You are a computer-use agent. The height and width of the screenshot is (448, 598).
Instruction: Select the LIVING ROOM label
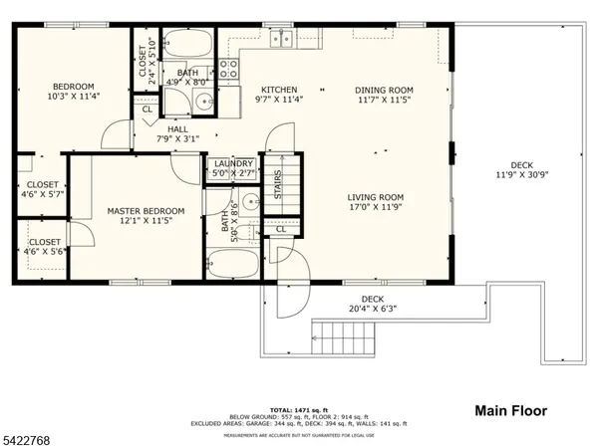point(375,197)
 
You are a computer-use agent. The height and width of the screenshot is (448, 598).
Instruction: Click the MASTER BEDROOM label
point(146,211)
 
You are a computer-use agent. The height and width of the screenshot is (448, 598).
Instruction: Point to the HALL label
point(177,128)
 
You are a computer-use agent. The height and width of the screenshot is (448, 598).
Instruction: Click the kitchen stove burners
point(229,69)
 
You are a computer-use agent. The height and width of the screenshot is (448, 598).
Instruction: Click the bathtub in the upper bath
point(186,44)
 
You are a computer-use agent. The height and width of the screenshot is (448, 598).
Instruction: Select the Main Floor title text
point(513,410)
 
